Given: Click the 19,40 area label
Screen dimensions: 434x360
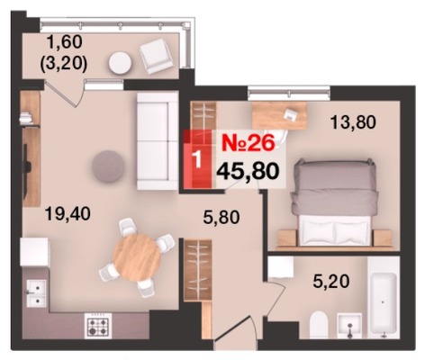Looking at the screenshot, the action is click(68, 214).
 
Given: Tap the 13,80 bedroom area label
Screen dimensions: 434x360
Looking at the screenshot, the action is click(353, 122).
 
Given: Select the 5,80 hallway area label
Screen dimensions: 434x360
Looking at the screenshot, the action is click(222, 217).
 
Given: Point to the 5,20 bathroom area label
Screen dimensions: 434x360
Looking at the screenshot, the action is click(331, 282).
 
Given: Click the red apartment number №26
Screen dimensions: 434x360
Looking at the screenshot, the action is click(249, 143).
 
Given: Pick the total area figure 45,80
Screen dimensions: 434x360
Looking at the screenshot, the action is click(248, 172).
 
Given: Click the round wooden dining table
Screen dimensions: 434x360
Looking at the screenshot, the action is click(137, 257).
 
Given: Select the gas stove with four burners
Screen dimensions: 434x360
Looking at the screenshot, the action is click(98, 326).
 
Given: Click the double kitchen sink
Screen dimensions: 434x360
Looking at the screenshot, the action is click(37, 293).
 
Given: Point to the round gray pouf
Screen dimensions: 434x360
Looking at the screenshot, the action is click(108, 166).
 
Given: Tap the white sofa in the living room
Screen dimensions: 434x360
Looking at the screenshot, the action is click(158, 141).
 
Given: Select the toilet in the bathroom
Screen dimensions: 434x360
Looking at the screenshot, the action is click(318, 325).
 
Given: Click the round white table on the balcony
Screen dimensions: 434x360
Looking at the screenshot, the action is click(120, 63).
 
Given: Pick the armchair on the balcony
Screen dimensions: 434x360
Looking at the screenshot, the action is click(156, 56).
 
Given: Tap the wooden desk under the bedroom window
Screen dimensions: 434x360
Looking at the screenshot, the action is click(279, 115).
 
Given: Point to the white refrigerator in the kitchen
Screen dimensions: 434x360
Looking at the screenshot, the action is click(34, 252).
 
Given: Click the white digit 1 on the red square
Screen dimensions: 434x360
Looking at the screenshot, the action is click(197, 158).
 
